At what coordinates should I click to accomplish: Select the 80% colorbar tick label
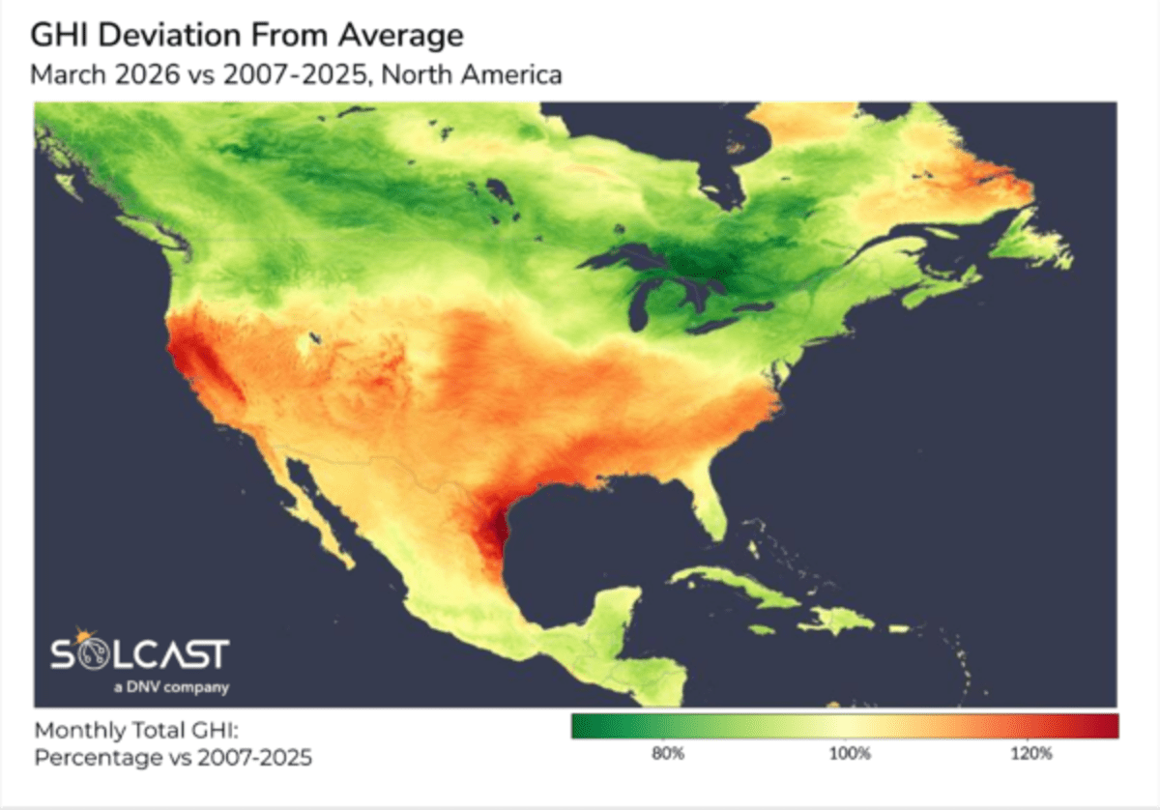(x=668, y=753)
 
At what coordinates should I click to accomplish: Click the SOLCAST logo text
(x=139, y=654)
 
